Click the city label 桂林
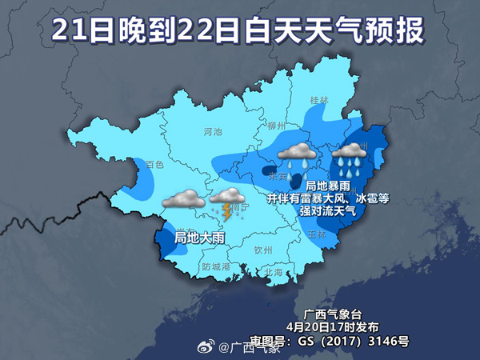tap(318, 101)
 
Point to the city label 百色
tap(154, 164)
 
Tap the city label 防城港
tap(216, 266)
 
